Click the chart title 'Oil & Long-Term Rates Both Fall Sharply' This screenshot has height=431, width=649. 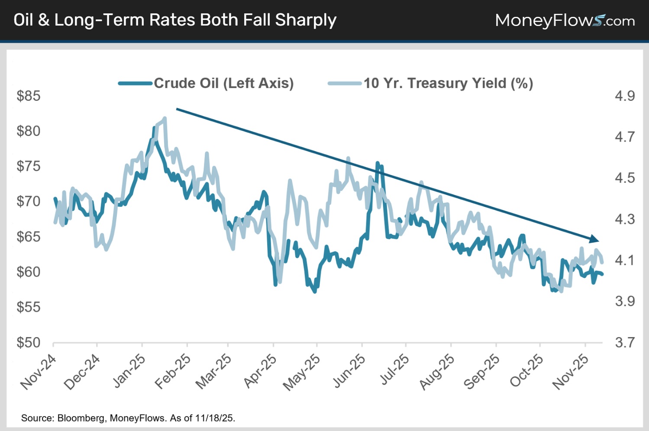pos(175,20)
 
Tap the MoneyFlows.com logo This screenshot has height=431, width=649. pos(565,20)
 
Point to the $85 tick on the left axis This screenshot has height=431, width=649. pos(29,96)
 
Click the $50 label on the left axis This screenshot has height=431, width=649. pos(29,343)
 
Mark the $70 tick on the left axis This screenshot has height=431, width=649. pos(29,201)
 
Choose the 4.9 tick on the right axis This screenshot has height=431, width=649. pos(624,96)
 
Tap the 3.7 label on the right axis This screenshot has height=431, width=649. pos(624,343)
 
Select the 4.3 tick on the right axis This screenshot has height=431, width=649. pos(624,219)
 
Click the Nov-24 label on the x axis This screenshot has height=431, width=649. pos(39,372)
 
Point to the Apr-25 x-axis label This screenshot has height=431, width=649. pos(260,371)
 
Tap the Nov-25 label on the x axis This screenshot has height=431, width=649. pos(570,372)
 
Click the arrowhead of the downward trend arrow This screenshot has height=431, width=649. pos(595,239)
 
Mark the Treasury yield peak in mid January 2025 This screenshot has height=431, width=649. pos(165,118)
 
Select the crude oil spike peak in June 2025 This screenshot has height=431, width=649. pos(378,164)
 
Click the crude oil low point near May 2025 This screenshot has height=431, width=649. pos(315,291)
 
